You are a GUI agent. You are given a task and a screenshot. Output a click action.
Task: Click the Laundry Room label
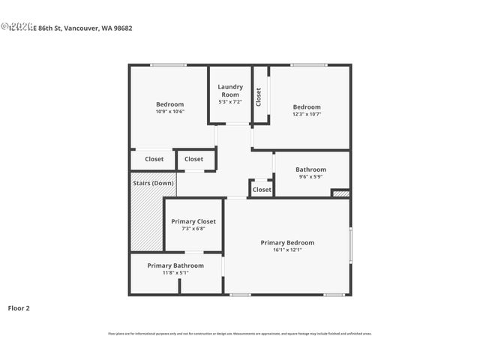(230, 91)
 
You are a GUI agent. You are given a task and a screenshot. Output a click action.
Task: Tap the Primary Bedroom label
(287, 242)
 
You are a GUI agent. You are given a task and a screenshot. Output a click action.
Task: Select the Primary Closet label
(193, 221)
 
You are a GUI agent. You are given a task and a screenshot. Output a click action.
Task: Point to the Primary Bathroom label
(175, 265)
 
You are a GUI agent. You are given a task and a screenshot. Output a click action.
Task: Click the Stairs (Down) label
(153, 183)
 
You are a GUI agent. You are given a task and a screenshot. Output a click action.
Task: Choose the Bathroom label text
(310, 169)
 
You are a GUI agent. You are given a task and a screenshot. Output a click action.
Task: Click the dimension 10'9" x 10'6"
(169, 112)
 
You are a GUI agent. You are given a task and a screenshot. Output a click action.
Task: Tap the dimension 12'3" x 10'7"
(306, 115)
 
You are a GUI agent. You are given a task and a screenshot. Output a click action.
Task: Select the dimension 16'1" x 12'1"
(287, 250)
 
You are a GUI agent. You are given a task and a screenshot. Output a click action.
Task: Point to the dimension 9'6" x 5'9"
(310, 177)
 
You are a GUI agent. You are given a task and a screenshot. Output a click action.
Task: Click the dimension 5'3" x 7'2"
(230, 101)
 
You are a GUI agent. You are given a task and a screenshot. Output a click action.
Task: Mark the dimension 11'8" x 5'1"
(175, 273)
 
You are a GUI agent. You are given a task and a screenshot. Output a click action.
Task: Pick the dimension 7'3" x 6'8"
(193, 229)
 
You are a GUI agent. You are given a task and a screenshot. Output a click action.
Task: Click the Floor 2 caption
(19, 307)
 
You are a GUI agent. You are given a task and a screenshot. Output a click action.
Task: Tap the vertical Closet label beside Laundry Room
(259, 96)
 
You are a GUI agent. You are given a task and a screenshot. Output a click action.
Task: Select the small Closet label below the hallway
(262, 190)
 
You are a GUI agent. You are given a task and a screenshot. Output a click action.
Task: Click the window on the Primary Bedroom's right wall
(349, 245)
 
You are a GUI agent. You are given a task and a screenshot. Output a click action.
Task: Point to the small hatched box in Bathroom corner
(340, 193)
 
